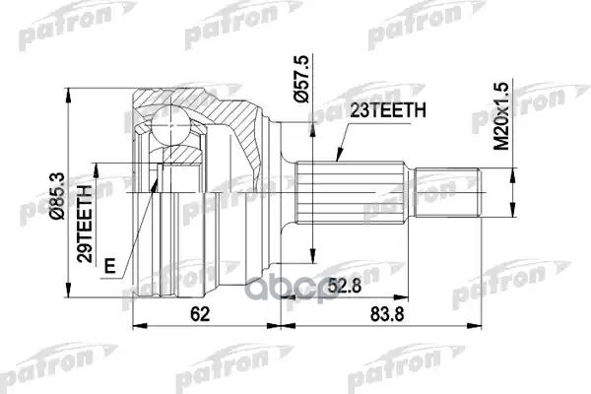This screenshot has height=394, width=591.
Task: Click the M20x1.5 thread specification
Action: (502, 115)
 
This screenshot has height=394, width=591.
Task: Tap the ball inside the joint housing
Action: (169, 125)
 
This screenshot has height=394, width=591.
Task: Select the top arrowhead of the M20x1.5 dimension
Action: (512, 173)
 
